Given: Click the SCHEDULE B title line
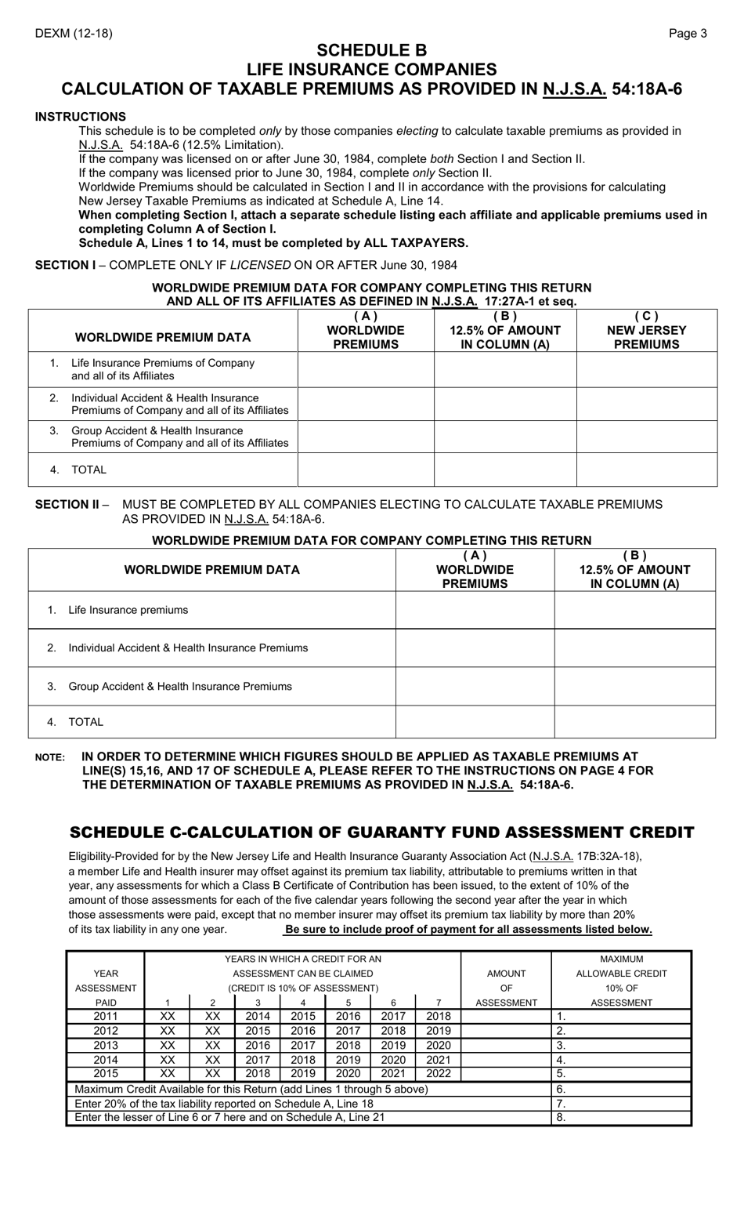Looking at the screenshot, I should [372, 51].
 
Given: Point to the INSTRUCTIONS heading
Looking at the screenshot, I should [80, 117].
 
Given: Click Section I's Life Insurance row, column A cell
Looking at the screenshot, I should [366, 369].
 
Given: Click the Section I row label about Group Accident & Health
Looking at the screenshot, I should [179, 437].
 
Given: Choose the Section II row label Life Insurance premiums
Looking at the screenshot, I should [128, 610].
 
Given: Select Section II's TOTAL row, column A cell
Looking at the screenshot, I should [475, 722].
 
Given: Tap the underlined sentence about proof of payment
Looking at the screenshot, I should [468, 929].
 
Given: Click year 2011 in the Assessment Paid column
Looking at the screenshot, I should [106, 1017].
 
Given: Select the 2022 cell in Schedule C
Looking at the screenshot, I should [439, 1074].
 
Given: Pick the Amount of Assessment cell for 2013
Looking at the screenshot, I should [506, 1046].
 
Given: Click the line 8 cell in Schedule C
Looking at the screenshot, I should [621, 1117].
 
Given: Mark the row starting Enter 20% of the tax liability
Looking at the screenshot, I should [224, 1103].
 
